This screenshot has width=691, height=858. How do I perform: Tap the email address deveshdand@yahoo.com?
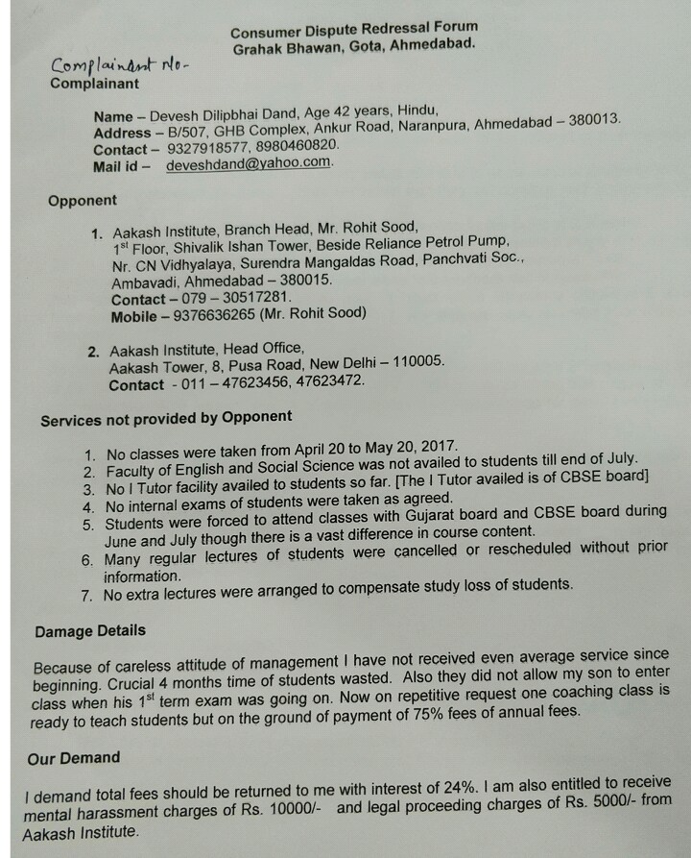click(x=249, y=164)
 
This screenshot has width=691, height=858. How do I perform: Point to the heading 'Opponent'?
click(x=83, y=201)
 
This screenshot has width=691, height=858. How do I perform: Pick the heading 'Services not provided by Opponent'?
click(x=166, y=417)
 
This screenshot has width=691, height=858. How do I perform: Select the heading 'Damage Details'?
click(x=90, y=631)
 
